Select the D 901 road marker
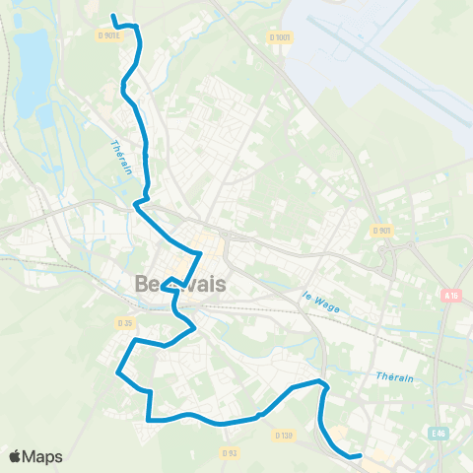pyautogui.click(x=381, y=230)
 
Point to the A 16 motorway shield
pyautogui.click(x=451, y=295)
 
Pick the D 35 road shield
pyautogui.click(x=124, y=322)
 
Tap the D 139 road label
pyautogui.click(x=284, y=435)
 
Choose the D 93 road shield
pyautogui.click(x=230, y=453)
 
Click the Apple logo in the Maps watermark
pyautogui.click(x=15, y=456)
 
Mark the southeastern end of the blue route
pyautogui.click(x=361, y=455)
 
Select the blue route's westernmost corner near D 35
pyautogui.click(x=118, y=372)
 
